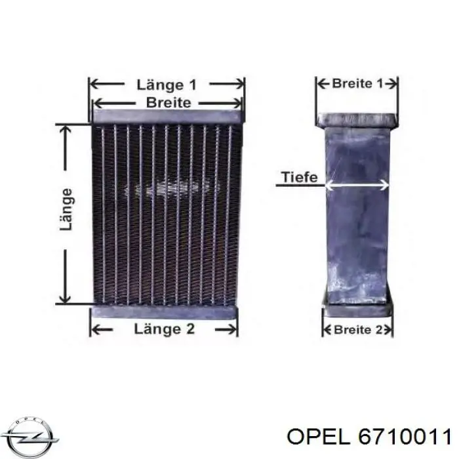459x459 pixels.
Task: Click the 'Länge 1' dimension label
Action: [x=167, y=85]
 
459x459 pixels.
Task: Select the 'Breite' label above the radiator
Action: [x=169, y=103]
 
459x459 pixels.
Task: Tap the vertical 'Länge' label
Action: [x=66, y=209]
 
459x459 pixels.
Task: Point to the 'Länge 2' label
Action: [x=164, y=329]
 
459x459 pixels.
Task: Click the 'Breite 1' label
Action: [x=357, y=84]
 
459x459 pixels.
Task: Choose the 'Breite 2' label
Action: [x=358, y=330]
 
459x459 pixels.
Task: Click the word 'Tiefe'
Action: [x=299, y=177]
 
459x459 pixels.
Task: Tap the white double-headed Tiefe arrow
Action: [x=357, y=185]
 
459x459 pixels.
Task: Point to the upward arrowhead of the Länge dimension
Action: [x=65, y=131]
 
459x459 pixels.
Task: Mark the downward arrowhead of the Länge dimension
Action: [x=65, y=297]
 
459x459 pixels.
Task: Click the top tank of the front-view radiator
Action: [x=169, y=116]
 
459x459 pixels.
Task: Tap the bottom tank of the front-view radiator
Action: [x=164, y=313]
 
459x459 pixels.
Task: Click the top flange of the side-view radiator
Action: [x=357, y=120]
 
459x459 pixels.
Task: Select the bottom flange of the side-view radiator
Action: [x=357, y=309]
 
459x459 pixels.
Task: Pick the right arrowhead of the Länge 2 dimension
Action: [x=231, y=330]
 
